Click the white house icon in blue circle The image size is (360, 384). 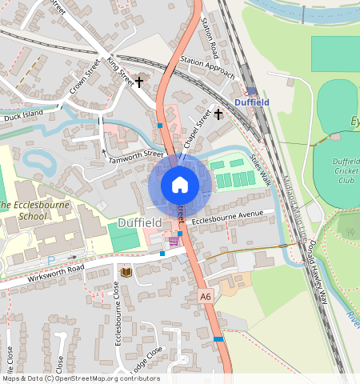coord(180,185)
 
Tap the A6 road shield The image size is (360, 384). coord(206,296)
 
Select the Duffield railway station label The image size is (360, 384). coord(253,102)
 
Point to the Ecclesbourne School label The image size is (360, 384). coord(34,210)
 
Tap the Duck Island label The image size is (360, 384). coord(22,116)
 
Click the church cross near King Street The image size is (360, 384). coord(138,82)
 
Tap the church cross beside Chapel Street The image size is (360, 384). coord(218,114)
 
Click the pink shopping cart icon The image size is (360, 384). coord(174,240)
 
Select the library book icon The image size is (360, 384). coord(125,273)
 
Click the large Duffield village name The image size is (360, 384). coord(140,222)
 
